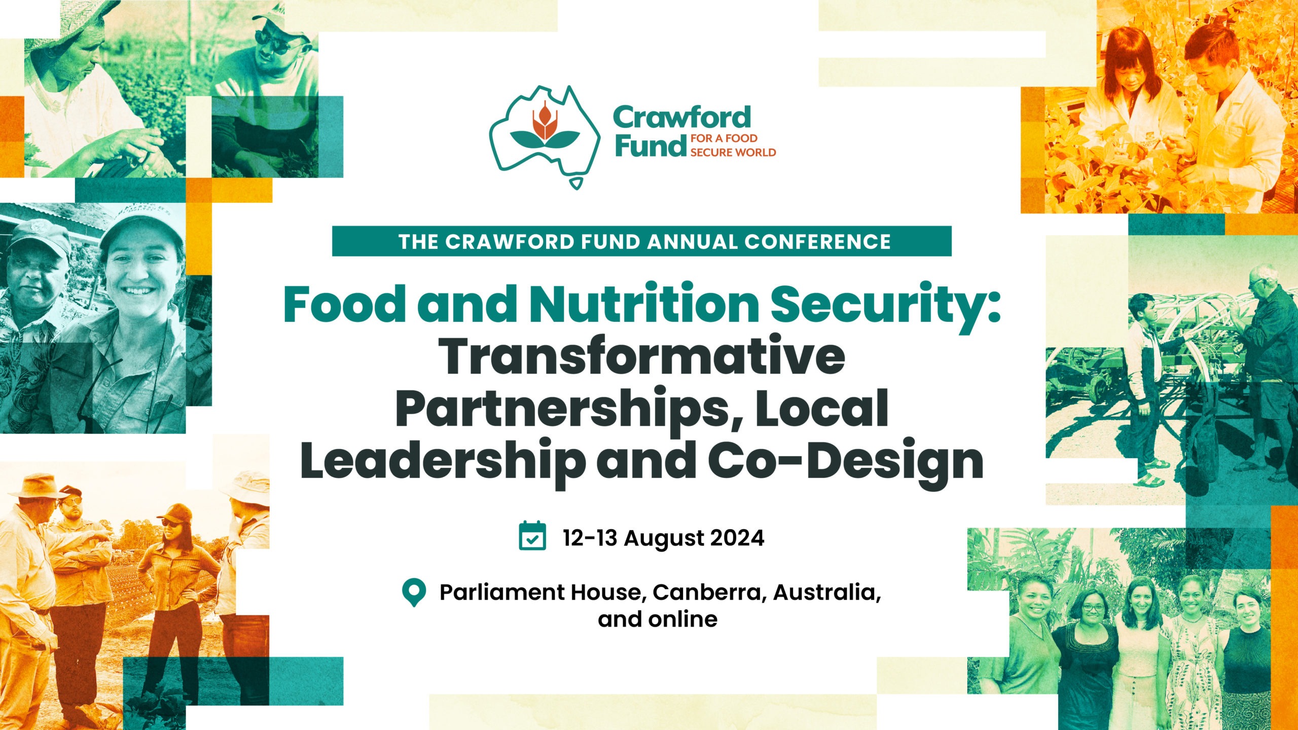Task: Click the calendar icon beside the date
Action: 532,536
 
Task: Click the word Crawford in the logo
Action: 682,118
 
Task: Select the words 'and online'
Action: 658,619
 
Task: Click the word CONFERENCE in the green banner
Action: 817,242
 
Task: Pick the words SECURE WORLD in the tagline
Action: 733,153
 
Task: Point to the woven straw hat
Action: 76,20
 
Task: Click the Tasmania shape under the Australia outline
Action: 576,183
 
